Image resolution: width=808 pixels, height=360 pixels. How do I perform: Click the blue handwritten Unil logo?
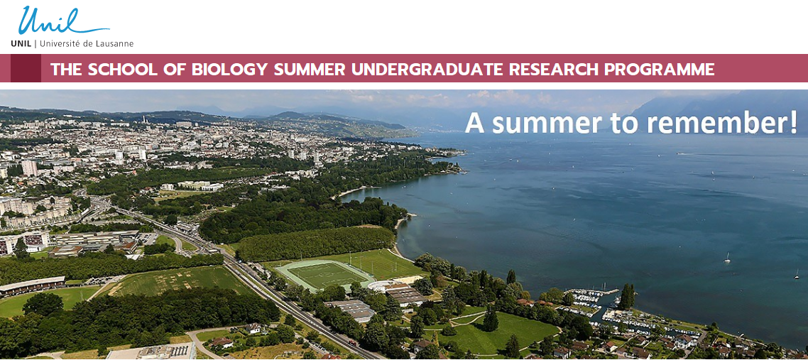(x=63, y=21)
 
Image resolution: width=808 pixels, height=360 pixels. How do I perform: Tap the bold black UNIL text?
(x=21, y=44)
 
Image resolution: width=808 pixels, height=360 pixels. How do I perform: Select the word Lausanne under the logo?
(x=114, y=44)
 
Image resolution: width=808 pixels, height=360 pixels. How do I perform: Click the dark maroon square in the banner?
(x=26, y=68)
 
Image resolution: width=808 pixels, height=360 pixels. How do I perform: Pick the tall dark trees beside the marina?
(x=627, y=297)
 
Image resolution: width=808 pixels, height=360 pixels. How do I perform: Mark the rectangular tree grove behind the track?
(x=315, y=243)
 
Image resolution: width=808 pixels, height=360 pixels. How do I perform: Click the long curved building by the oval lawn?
(x=32, y=285)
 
